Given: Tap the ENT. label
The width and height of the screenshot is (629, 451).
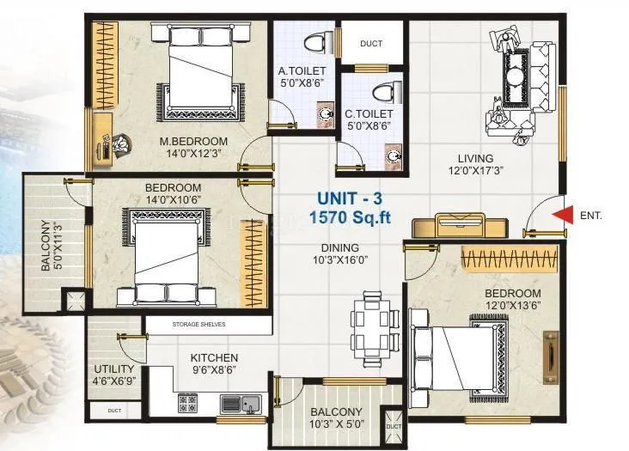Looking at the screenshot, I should (591, 216).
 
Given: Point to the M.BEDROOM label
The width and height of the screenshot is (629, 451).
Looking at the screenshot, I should (192, 141).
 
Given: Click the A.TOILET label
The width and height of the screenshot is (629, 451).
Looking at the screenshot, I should (299, 71).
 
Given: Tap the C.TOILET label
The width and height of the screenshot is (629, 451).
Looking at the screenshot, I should (369, 113).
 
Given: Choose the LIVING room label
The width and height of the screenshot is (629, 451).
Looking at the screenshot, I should (475, 158).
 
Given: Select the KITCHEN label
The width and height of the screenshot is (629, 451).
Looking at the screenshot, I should (214, 357).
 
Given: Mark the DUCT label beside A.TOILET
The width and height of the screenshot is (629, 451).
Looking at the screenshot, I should (371, 43).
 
